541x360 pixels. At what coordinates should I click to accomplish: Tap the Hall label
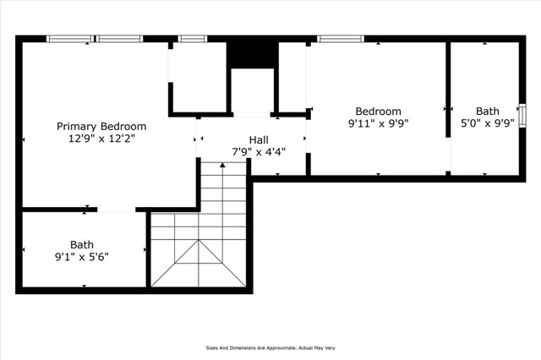(259, 139)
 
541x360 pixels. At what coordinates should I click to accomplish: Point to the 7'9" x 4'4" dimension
(259, 152)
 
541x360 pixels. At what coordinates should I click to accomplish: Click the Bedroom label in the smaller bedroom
(378, 111)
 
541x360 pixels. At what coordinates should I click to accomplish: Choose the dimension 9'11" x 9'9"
(378, 123)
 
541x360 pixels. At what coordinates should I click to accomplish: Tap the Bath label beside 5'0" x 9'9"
(487, 111)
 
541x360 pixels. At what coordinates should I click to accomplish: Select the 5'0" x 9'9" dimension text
(487, 123)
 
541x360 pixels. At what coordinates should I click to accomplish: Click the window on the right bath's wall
(522, 113)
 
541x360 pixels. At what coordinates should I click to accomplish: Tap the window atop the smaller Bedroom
(341, 38)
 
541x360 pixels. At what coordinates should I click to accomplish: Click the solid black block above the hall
(251, 52)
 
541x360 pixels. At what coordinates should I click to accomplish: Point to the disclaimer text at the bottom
(270, 346)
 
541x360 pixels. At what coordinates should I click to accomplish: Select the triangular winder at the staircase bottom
(199, 264)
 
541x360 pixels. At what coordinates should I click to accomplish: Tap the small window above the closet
(193, 38)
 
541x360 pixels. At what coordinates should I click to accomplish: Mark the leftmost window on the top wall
(70, 38)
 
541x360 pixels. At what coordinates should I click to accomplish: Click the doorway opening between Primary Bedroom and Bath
(117, 209)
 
